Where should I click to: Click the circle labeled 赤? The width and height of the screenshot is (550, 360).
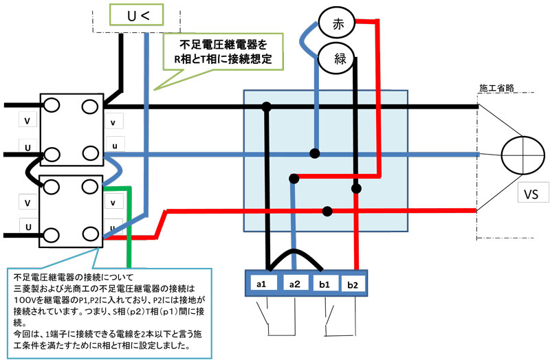(338, 23)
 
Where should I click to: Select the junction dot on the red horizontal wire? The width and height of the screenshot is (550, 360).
(329, 210)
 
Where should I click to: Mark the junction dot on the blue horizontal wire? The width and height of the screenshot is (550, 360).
(315, 153)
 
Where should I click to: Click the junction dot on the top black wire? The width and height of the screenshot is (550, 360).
(266, 106)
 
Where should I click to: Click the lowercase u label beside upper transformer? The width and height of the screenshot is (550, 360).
(113, 146)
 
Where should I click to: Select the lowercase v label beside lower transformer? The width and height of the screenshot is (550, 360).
(113, 202)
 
